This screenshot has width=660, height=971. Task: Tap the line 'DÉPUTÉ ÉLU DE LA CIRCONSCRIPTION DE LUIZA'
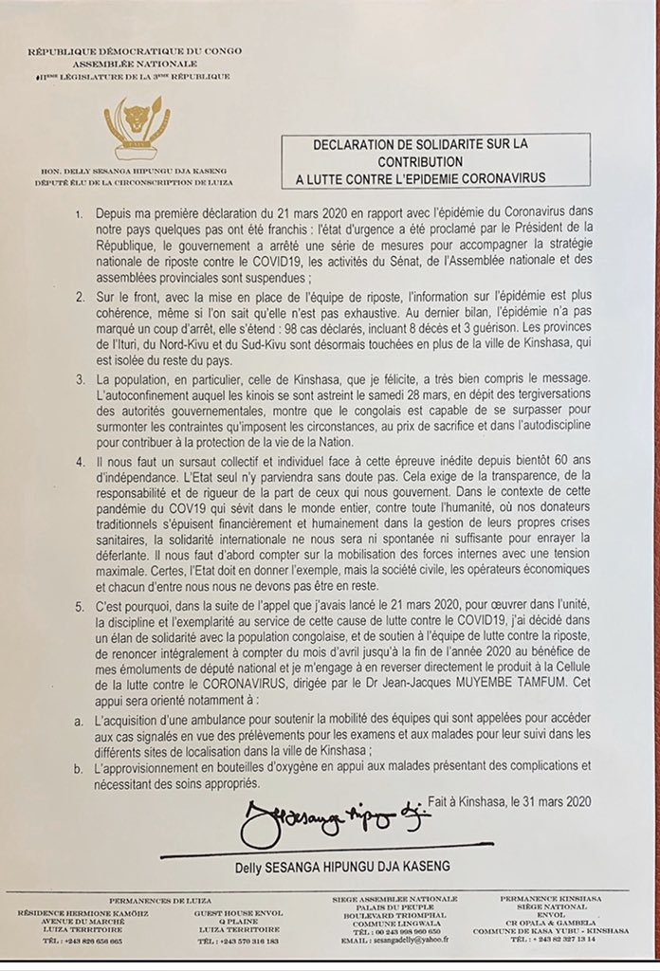[138, 179]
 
